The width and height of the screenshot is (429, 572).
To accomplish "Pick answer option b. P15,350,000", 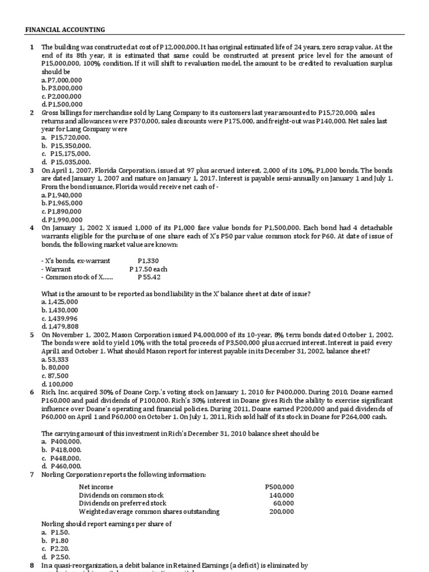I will click(66, 145).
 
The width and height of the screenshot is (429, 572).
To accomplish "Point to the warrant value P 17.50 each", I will click(148, 269).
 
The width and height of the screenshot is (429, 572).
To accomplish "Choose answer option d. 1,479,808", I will click(60, 326).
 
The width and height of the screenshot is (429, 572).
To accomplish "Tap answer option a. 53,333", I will click(55, 359).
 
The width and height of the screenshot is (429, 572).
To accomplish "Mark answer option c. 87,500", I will click(55, 376).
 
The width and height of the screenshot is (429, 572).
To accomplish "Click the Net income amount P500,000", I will click(279, 487).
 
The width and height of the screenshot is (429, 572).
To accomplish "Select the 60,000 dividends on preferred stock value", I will click(283, 503).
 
